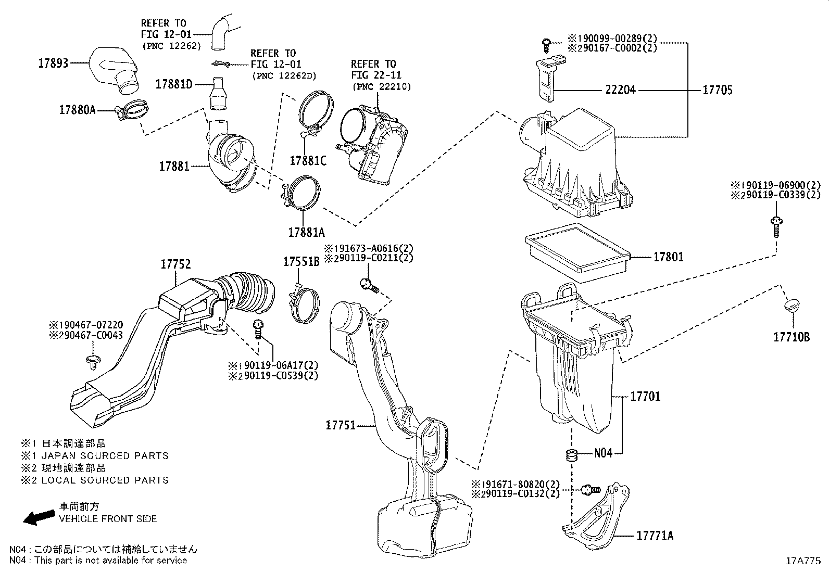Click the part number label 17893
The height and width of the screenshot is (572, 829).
pos(54,63)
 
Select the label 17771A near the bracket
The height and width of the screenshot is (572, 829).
pos(655,536)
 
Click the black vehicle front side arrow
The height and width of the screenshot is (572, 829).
pos(39,516)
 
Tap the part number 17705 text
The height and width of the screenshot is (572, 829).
pos(717,90)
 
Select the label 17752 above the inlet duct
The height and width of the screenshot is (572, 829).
pos(175,264)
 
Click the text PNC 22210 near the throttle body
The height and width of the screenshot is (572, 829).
pos(381,86)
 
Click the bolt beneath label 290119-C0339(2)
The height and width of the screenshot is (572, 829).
pos(775,226)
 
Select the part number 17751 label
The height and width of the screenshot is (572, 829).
pos(341,425)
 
